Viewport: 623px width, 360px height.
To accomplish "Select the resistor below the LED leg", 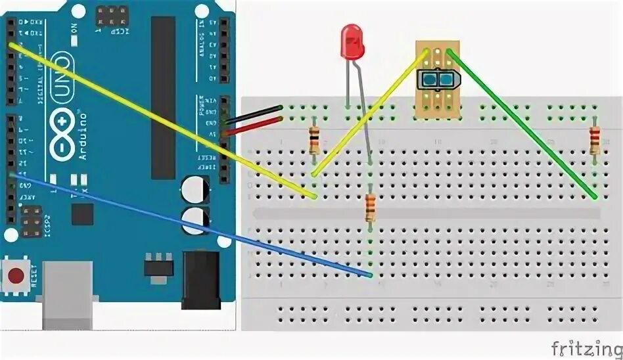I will tap(370, 208).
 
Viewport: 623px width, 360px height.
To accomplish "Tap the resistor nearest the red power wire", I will tap(315, 139).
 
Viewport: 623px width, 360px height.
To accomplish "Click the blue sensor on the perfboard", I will tap(436, 79).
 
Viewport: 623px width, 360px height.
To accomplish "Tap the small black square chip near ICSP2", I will tap(83, 214).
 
